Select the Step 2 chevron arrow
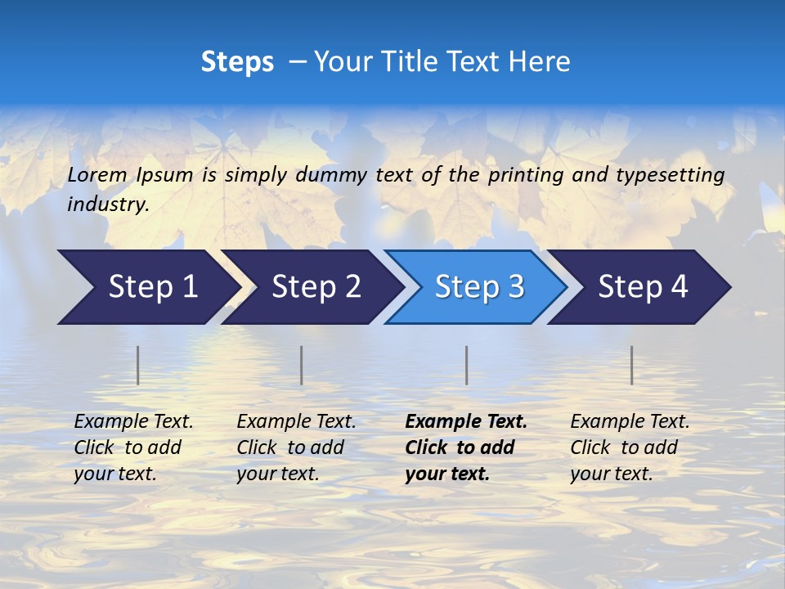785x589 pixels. [x=316, y=287]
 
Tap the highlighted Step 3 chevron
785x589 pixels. [x=479, y=287]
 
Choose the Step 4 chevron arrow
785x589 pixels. [x=643, y=287]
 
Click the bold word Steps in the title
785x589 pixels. [x=237, y=62]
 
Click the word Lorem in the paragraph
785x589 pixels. [x=97, y=174]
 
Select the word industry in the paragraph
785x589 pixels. [x=108, y=204]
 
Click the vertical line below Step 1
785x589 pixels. [x=138, y=365]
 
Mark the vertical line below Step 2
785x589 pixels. [x=302, y=365]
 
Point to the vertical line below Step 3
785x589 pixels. [x=466, y=365]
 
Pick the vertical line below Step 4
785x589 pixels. [x=631, y=365]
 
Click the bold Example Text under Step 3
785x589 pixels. [x=466, y=422]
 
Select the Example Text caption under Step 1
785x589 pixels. [x=133, y=422]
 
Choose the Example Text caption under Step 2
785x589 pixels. [x=296, y=422]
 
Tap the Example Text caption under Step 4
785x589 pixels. [x=630, y=422]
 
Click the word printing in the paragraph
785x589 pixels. [x=527, y=174]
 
